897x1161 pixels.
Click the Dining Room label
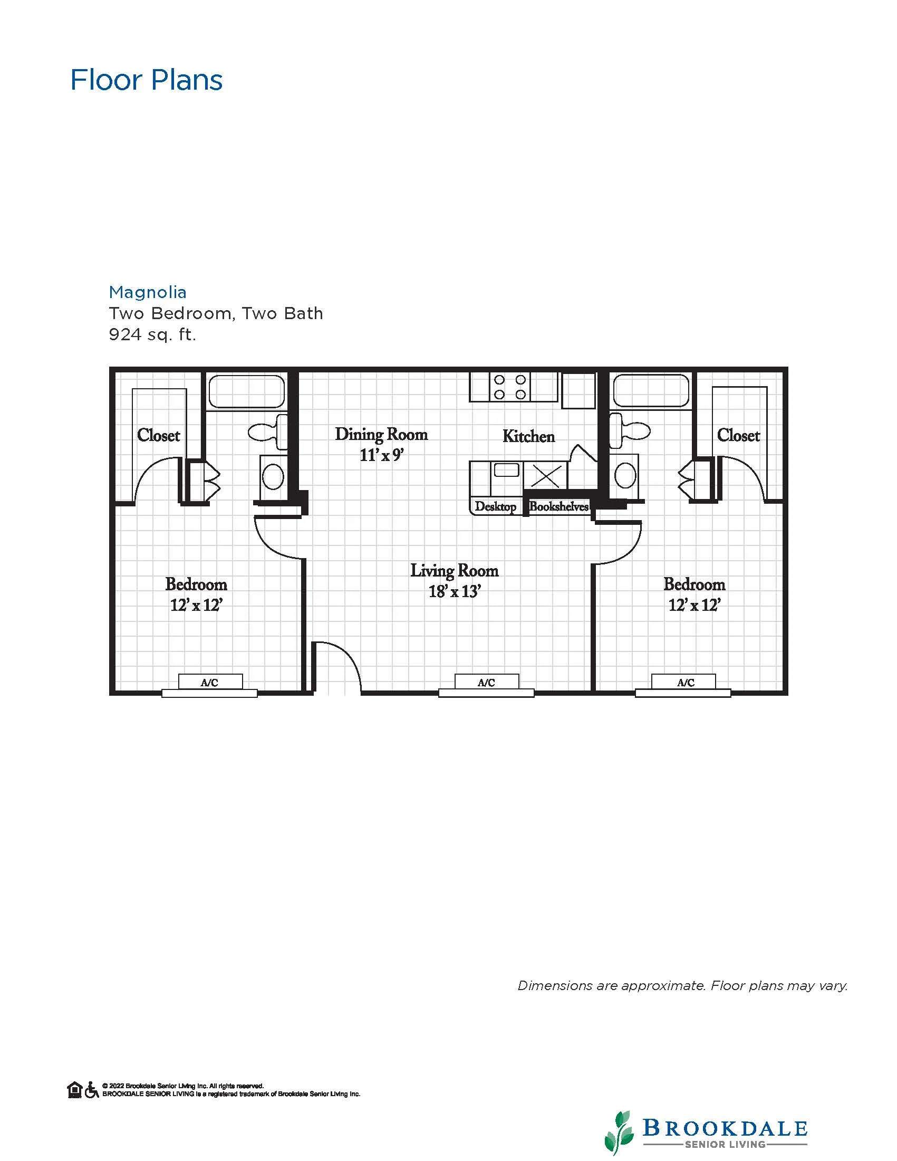coord(381,434)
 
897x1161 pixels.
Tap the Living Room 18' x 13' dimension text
coord(455,591)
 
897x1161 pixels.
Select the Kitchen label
coord(529,436)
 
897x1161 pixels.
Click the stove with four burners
coord(509,387)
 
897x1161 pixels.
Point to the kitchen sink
coord(506,470)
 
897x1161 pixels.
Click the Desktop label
coord(495,506)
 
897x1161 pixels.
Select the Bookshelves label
coord(559,506)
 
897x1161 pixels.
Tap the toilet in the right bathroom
coord(630,430)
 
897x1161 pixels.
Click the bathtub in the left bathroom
coord(247,391)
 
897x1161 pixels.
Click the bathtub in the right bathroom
coord(651,391)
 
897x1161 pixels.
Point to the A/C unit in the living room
coord(486,683)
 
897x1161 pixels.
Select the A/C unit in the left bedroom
coord(210,683)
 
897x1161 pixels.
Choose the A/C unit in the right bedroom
coord(684,683)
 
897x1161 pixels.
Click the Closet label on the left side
coord(158,435)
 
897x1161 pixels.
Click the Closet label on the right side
coord(738,435)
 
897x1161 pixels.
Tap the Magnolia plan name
coord(148,292)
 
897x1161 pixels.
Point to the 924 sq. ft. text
coord(152,335)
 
